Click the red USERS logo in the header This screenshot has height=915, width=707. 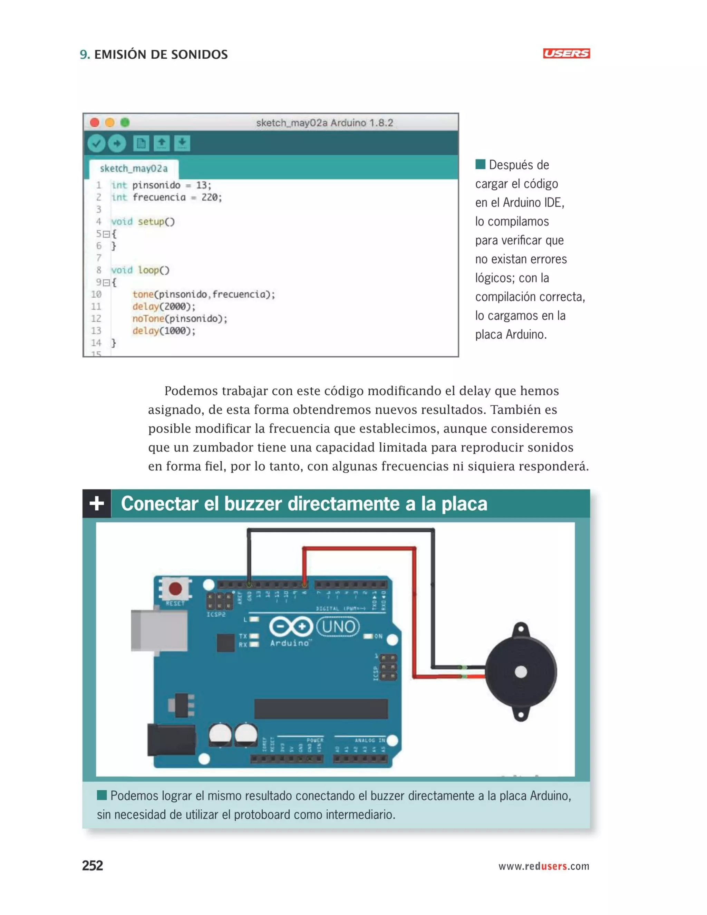tap(566, 53)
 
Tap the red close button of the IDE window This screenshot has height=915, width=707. tap(95, 122)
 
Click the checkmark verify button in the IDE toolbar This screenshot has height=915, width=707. tap(96, 144)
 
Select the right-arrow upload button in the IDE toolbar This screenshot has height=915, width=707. tap(117, 144)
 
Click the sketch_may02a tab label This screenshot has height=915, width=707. tap(134, 168)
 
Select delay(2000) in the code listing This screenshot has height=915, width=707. tap(164, 307)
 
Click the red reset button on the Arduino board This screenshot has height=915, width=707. tap(175, 589)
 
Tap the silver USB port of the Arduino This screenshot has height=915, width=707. tap(159, 631)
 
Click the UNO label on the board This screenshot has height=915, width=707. tap(338, 627)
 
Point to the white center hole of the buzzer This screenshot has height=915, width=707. tap(521, 672)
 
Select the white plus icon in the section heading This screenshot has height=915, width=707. tap(97, 503)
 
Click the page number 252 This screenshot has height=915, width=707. tap(93, 866)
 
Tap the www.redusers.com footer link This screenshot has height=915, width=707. tap(544, 866)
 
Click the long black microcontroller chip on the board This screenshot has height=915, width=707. tap(321, 709)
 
